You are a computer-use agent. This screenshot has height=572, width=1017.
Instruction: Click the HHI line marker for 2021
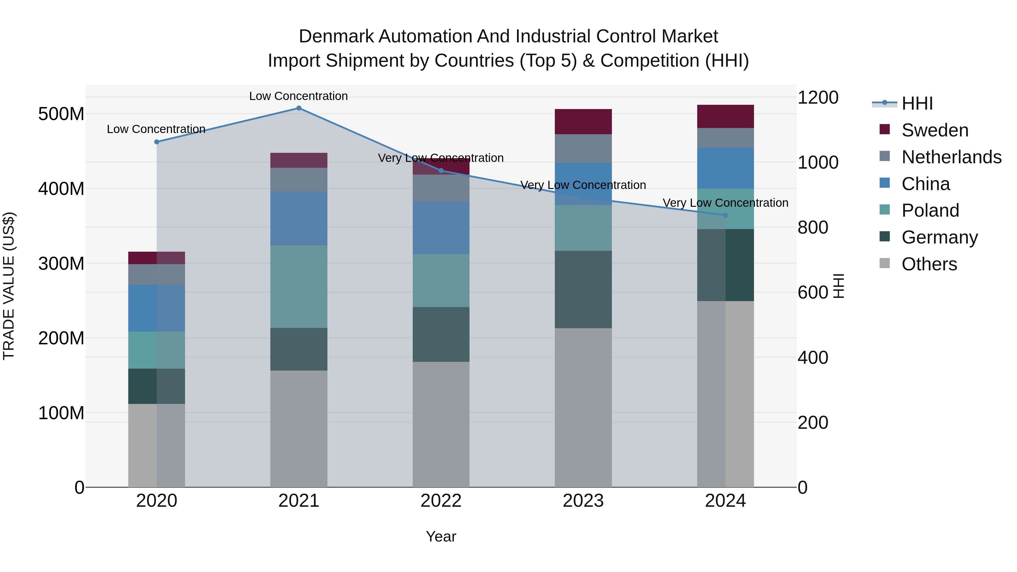click(x=299, y=108)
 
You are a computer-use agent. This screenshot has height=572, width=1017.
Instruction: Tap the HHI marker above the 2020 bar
click(x=157, y=142)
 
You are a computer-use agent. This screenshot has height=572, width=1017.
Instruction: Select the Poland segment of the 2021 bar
click(x=299, y=287)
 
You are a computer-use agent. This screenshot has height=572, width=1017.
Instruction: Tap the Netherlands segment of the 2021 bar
click(x=299, y=180)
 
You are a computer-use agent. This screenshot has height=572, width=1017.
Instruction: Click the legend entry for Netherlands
click(x=951, y=157)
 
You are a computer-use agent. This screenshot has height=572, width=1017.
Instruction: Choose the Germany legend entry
click(x=939, y=237)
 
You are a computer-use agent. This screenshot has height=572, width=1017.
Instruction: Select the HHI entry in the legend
click(x=917, y=103)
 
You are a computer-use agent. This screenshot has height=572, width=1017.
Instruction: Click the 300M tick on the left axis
click(x=61, y=263)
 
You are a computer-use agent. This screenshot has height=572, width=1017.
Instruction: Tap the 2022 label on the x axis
click(x=441, y=501)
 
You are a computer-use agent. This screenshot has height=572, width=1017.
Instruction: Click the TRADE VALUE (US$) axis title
click(x=9, y=286)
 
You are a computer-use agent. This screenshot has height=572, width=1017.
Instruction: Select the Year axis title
click(x=441, y=536)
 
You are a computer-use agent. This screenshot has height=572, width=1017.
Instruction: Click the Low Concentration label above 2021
click(x=299, y=96)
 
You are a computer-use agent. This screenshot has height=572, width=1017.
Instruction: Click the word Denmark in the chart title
click(x=336, y=36)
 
